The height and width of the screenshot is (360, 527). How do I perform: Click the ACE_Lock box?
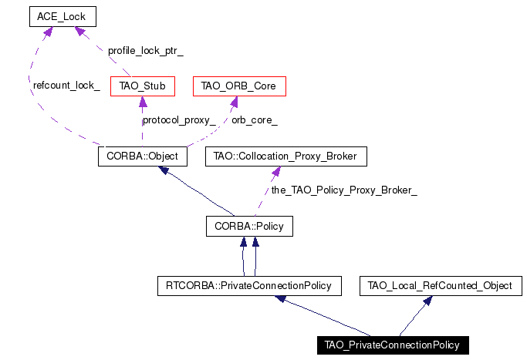pyautogui.click(x=62, y=16)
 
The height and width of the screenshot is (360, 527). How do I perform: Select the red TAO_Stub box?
pyautogui.click(x=143, y=86)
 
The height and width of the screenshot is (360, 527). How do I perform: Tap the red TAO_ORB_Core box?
pyautogui.click(x=239, y=86)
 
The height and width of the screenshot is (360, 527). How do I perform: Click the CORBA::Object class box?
pyautogui.click(x=143, y=156)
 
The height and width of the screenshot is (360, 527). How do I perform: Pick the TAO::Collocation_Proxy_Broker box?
pyautogui.click(x=286, y=156)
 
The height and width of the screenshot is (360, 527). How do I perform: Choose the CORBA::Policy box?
pyautogui.click(x=249, y=226)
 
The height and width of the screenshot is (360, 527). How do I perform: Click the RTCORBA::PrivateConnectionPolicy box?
pyautogui.click(x=249, y=286)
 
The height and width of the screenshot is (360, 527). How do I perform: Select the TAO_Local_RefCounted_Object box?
pyautogui.click(x=441, y=286)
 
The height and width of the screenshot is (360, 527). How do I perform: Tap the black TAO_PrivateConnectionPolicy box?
pyautogui.click(x=393, y=345)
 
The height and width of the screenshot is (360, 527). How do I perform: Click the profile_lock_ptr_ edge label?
pyautogui.click(x=146, y=51)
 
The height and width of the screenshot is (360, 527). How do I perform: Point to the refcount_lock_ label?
pyautogui.click(x=66, y=86)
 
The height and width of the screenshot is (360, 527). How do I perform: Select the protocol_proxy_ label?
pyautogui.click(x=179, y=120)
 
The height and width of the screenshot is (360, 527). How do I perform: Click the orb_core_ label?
pyautogui.click(x=255, y=120)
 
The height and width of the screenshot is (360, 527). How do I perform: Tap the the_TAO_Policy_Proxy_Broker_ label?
pyautogui.click(x=344, y=190)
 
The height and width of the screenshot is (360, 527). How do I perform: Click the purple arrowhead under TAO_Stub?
pyautogui.click(x=143, y=102)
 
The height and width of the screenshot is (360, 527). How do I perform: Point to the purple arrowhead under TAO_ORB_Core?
pyautogui.click(x=234, y=102)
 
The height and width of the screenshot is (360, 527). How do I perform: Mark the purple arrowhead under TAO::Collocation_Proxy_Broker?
pyautogui.click(x=276, y=171)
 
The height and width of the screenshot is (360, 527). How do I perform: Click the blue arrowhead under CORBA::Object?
pyautogui.click(x=164, y=170)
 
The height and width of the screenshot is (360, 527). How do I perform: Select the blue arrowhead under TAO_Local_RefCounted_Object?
pyautogui.click(x=427, y=301)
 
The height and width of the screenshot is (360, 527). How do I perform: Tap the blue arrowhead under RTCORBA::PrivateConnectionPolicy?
pyautogui.click(x=281, y=298)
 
